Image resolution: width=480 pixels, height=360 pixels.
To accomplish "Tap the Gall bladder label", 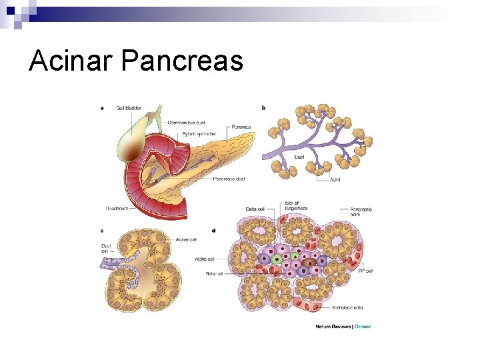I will pos(128,107).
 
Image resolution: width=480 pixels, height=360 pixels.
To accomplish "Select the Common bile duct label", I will pos(187,123).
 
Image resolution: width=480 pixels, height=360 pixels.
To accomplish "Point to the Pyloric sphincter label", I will pos(199,134).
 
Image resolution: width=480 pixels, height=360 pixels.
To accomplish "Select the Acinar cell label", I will pos(187,239).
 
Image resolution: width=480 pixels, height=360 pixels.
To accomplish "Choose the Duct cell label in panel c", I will pos(106,249).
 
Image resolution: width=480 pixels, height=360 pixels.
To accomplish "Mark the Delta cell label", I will pos(256,209).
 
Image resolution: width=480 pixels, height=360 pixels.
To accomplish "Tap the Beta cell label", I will pos(213,273).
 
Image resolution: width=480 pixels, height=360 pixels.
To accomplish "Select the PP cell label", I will pos(365,271).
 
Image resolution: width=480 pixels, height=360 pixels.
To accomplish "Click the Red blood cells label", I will pos(348,308).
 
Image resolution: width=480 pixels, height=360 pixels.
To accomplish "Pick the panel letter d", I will pos(213,231).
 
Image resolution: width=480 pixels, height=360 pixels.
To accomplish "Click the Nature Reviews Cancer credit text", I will pos(343,327).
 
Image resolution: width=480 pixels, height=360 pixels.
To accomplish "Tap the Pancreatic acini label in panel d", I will pos(361,213).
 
